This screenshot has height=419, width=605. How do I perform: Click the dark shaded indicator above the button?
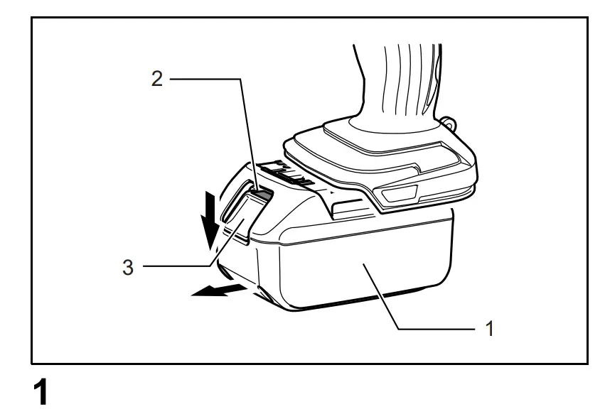click(262, 194)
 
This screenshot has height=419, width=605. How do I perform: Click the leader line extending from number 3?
click(178, 266)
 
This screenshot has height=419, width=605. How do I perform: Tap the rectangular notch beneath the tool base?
click(348, 206)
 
